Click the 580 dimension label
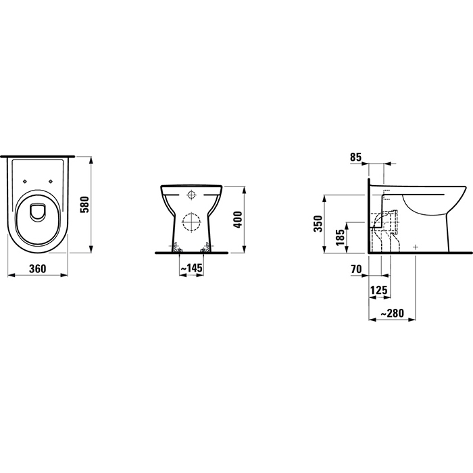click(84, 204)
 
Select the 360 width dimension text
click(38, 268)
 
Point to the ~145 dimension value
click(192, 268)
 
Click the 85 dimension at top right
click(356, 157)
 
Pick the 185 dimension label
click(341, 237)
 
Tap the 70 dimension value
click(356, 269)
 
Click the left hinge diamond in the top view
click(26, 180)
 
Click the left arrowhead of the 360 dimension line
click(8, 275)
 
